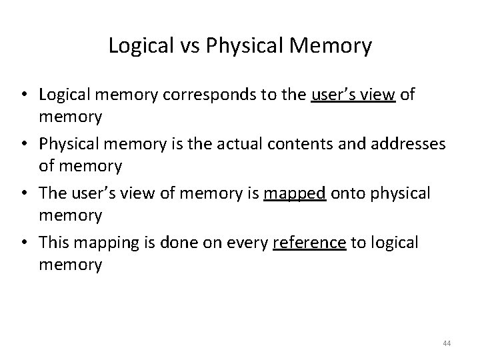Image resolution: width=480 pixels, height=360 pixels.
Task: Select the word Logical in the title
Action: pyautogui.click(x=131, y=47)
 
